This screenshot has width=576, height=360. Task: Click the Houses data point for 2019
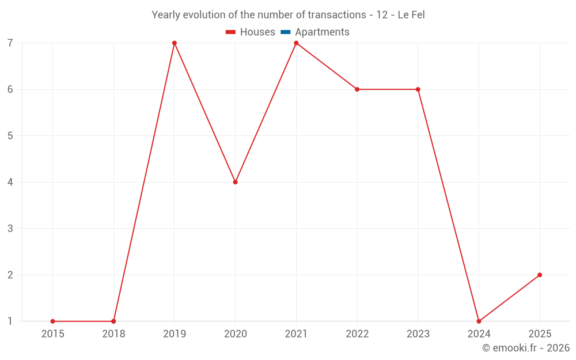[175, 43]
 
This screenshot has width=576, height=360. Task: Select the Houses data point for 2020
[235, 182]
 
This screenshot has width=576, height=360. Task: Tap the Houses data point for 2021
[296, 43]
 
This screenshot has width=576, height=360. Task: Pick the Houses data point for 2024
[479, 321]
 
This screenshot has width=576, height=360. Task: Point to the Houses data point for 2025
[540, 275]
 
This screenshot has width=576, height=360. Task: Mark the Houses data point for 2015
[52, 321]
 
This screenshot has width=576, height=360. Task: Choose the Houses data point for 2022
[357, 89]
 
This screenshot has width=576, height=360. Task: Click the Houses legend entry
[251, 32]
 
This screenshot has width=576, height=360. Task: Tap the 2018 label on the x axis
[113, 334]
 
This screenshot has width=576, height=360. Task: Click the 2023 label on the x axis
[418, 334]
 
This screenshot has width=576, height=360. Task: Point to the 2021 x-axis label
[296, 334]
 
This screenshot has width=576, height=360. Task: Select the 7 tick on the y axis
[10, 43]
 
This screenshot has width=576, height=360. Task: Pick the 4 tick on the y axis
[10, 182]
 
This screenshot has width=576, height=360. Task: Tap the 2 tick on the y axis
[10, 275]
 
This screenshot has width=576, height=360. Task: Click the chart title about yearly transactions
[288, 15]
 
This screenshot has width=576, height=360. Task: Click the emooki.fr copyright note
[525, 348]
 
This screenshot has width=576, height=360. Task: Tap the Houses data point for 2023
[418, 89]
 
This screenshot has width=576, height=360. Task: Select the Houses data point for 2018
[113, 321]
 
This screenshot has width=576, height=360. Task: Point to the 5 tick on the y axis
[10, 136]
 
